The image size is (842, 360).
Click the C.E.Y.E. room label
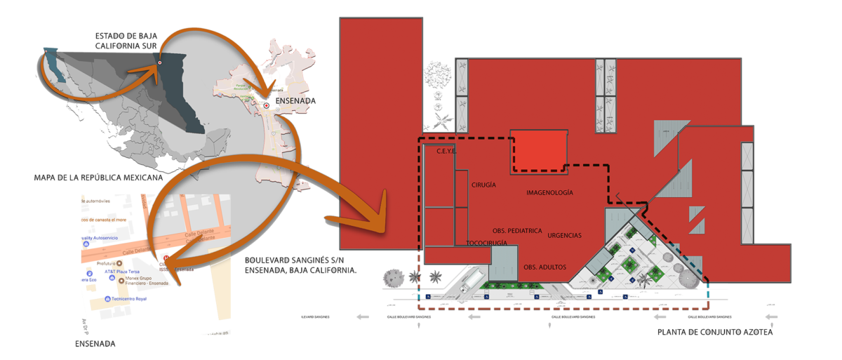tap(447, 151)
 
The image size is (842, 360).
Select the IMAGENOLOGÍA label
tap(549, 192)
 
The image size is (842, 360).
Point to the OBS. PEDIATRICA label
tap(517, 230)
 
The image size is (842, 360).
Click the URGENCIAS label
tap(565, 236)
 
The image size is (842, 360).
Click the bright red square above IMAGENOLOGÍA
tap(538, 150)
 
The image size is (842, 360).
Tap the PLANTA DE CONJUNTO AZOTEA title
tap(715, 332)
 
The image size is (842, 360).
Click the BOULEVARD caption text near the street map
tap(300, 265)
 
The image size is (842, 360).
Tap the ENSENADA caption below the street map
tap(95, 344)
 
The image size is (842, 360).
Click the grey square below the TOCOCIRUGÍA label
tap(504, 262)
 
